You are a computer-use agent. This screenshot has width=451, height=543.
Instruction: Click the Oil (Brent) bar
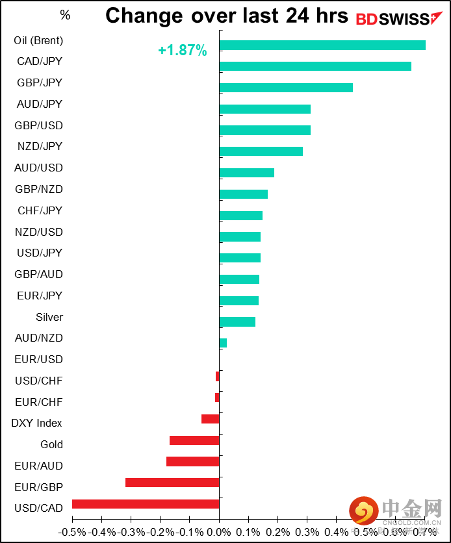(322, 45)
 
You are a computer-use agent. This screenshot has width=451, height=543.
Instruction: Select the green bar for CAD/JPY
(315, 66)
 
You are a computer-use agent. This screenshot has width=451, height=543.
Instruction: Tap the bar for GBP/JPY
(286, 88)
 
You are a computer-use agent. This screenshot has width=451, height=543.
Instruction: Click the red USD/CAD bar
(146, 504)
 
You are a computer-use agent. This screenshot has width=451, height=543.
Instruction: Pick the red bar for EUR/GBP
(172, 483)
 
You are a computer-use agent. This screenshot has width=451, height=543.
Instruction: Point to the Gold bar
(194, 440)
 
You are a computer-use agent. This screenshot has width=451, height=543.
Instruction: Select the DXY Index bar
(211, 419)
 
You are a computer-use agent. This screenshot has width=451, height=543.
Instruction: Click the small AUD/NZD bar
(223, 343)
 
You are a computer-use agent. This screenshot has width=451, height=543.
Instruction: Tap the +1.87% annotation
(182, 51)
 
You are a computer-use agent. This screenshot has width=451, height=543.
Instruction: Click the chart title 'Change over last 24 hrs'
(227, 16)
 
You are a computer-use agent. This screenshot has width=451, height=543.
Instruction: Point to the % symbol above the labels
(65, 15)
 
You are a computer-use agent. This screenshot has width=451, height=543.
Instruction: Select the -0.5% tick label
(73, 532)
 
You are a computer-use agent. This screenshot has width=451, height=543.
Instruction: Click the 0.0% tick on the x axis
(220, 532)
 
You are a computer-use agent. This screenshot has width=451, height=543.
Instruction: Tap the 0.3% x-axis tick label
(307, 532)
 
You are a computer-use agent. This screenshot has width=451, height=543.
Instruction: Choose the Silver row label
(49, 317)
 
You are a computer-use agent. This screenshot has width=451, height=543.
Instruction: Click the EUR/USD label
(38, 359)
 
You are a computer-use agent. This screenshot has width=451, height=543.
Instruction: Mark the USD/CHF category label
(38, 381)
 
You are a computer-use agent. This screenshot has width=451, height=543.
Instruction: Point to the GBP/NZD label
(39, 189)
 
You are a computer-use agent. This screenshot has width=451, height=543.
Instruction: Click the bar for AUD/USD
(247, 173)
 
